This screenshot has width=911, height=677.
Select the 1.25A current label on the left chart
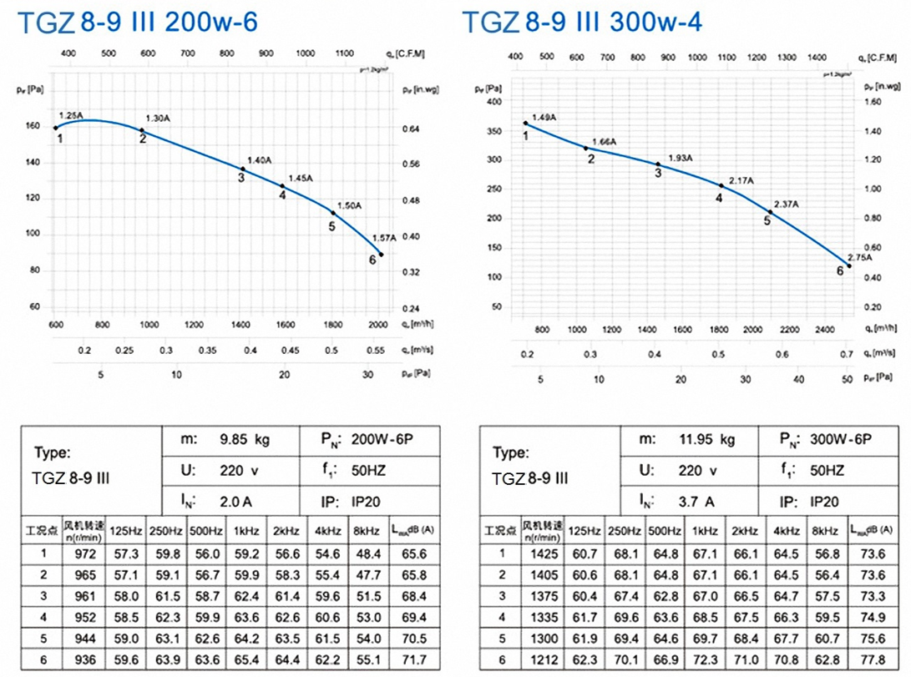[71, 114]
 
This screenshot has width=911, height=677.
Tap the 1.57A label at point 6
[385, 237]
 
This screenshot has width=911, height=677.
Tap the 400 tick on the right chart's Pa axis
[494, 102]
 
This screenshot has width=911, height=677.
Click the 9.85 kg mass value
[245, 440]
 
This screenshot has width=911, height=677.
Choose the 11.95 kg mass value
[706, 440]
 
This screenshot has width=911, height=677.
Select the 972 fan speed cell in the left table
[86, 553]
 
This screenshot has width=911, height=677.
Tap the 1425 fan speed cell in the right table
[544, 553]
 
